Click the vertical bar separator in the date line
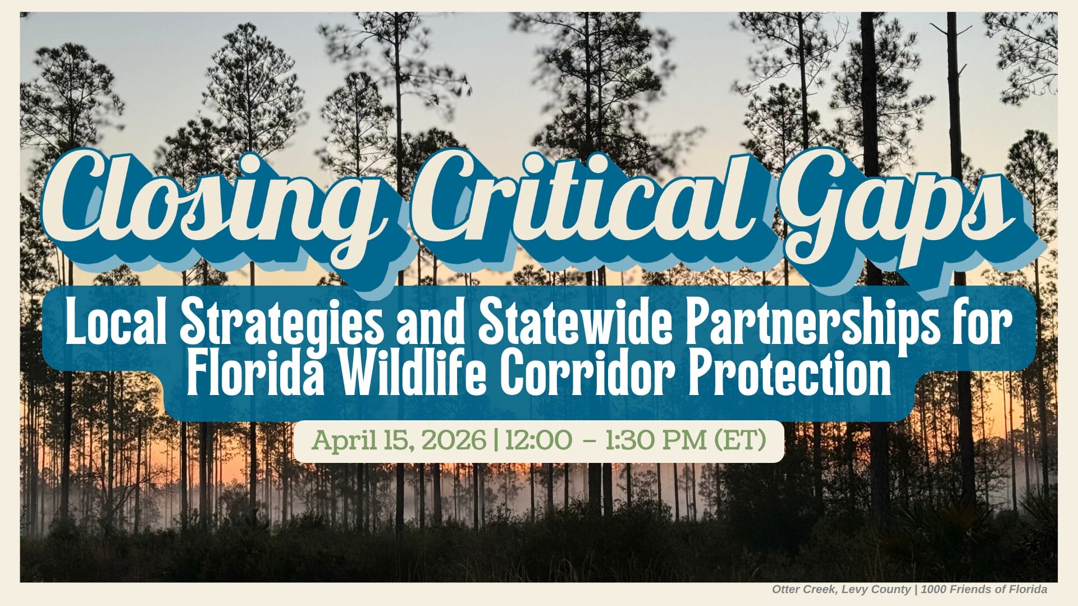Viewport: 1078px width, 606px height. tap(495, 441)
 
